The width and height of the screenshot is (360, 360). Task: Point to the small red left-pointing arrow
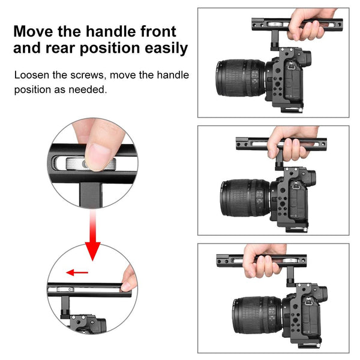pyautogui.click(x=77, y=272)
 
